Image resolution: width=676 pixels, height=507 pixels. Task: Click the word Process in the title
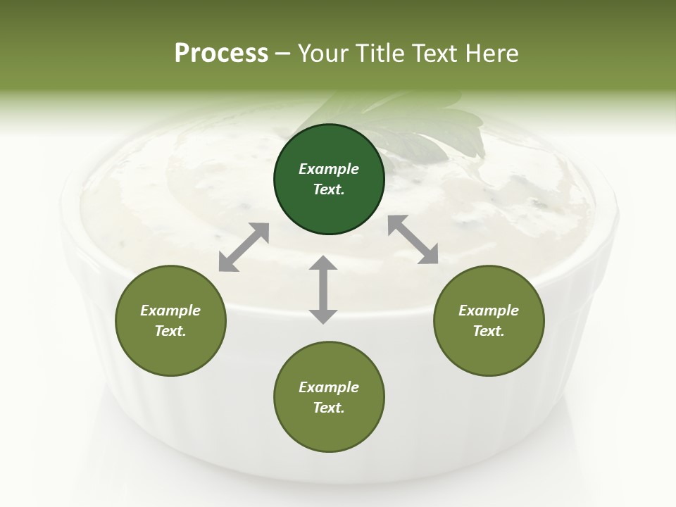(x=221, y=54)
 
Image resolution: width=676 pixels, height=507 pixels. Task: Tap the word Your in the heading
(x=324, y=54)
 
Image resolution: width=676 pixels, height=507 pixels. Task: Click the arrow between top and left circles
(x=244, y=247)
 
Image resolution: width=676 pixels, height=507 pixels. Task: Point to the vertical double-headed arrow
(x=323, y=289)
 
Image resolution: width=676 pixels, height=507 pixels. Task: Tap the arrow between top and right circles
(x=413, y=239)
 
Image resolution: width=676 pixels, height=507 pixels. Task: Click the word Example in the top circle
(x=329, y=169)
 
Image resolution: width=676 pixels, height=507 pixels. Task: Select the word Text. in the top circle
(x=329, y=189)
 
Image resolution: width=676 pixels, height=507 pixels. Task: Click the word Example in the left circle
(x=170, y=311)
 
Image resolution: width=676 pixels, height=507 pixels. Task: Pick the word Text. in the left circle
(x=170, y=331)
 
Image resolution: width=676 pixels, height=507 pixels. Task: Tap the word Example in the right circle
(x=489, y=311)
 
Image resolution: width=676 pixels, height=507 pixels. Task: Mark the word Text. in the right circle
(x=489, y=331)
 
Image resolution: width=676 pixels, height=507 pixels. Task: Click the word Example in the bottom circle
(x=329, y=387)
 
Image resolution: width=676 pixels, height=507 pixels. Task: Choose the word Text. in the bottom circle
(x=329, y=408)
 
